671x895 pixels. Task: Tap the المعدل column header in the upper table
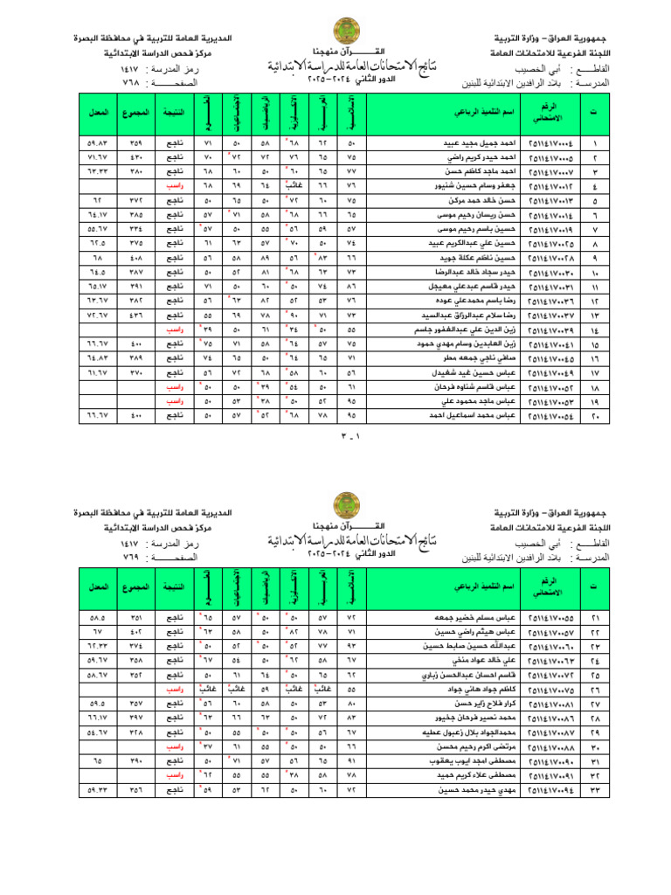pyautogui.click(x=97, y=114)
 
